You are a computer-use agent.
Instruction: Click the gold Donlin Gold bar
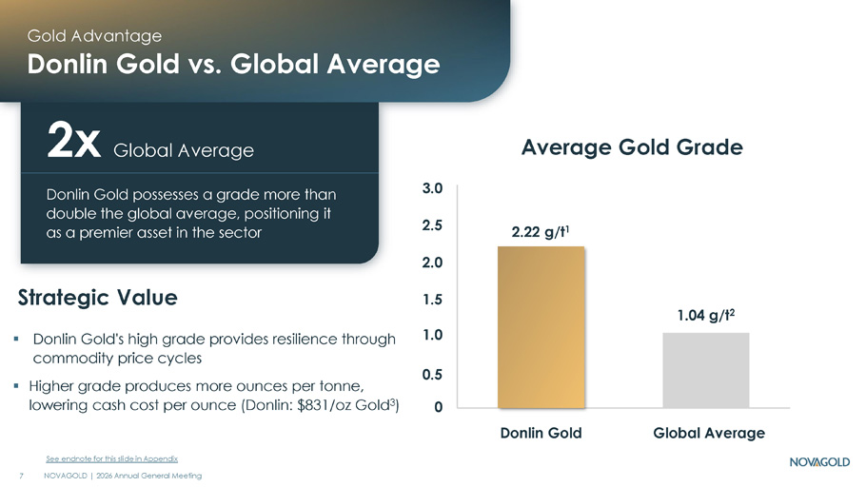[541, 327]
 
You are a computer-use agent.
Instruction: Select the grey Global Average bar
[706, 371]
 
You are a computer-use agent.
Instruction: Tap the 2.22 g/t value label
[540, 231]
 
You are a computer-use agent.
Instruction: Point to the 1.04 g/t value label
[706, 315]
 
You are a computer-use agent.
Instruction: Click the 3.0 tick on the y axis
[432, 188]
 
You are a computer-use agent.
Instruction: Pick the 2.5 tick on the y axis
[432, 225]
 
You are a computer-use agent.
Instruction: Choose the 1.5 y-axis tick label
[432, 300]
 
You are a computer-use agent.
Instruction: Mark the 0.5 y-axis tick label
[432, 375]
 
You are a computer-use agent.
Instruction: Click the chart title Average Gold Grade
[633, 147]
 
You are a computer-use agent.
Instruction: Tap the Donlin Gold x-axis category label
[541, 433]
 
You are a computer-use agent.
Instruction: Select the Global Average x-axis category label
[709, 433]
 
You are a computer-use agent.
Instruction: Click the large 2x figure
[73, 142]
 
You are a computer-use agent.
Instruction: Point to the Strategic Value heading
[98, 298]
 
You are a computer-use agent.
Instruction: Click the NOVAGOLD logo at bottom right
[819, 461]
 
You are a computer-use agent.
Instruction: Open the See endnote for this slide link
[111, 458]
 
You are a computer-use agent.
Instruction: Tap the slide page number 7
[22, 476]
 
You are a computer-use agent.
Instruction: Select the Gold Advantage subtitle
[94, 36]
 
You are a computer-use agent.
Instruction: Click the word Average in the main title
[384, 64]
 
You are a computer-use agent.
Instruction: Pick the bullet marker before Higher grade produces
[16, 385]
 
